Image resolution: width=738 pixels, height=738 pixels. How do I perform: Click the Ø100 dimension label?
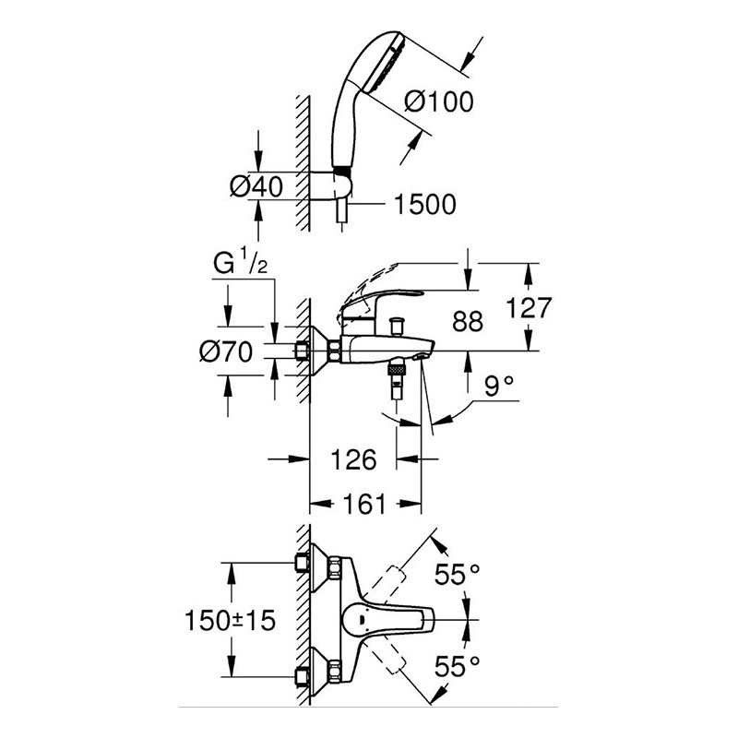click(x=439, y=101)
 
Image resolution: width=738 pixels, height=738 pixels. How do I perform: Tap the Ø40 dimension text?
click(x=256, y=186)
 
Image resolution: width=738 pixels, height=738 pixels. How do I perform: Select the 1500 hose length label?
click(x=425, y=204)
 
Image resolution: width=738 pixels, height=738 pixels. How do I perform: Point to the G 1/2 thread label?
click(x=241, y=264)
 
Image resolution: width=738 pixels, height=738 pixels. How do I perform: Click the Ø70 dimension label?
click(x=226, y=351)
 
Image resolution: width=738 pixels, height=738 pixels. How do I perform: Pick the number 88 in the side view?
click(x=468, y=322)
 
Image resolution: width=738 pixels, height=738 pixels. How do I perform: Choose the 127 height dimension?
click(x=528, y=308)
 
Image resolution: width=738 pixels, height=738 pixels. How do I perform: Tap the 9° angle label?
click(x=499, y=387)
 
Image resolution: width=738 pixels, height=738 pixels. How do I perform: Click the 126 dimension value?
click(x=353, y=459)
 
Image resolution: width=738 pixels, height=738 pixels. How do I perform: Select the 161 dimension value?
click(x=364, y=505)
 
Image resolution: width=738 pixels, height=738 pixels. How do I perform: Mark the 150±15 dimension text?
click(x=230, y=620)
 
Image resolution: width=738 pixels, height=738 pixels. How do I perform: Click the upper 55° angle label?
click(x=457, y=574)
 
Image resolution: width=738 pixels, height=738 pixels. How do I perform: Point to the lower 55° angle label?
click(x=457, y=666)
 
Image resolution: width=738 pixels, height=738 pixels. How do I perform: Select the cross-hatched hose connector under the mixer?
click(x=398, y=368)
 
